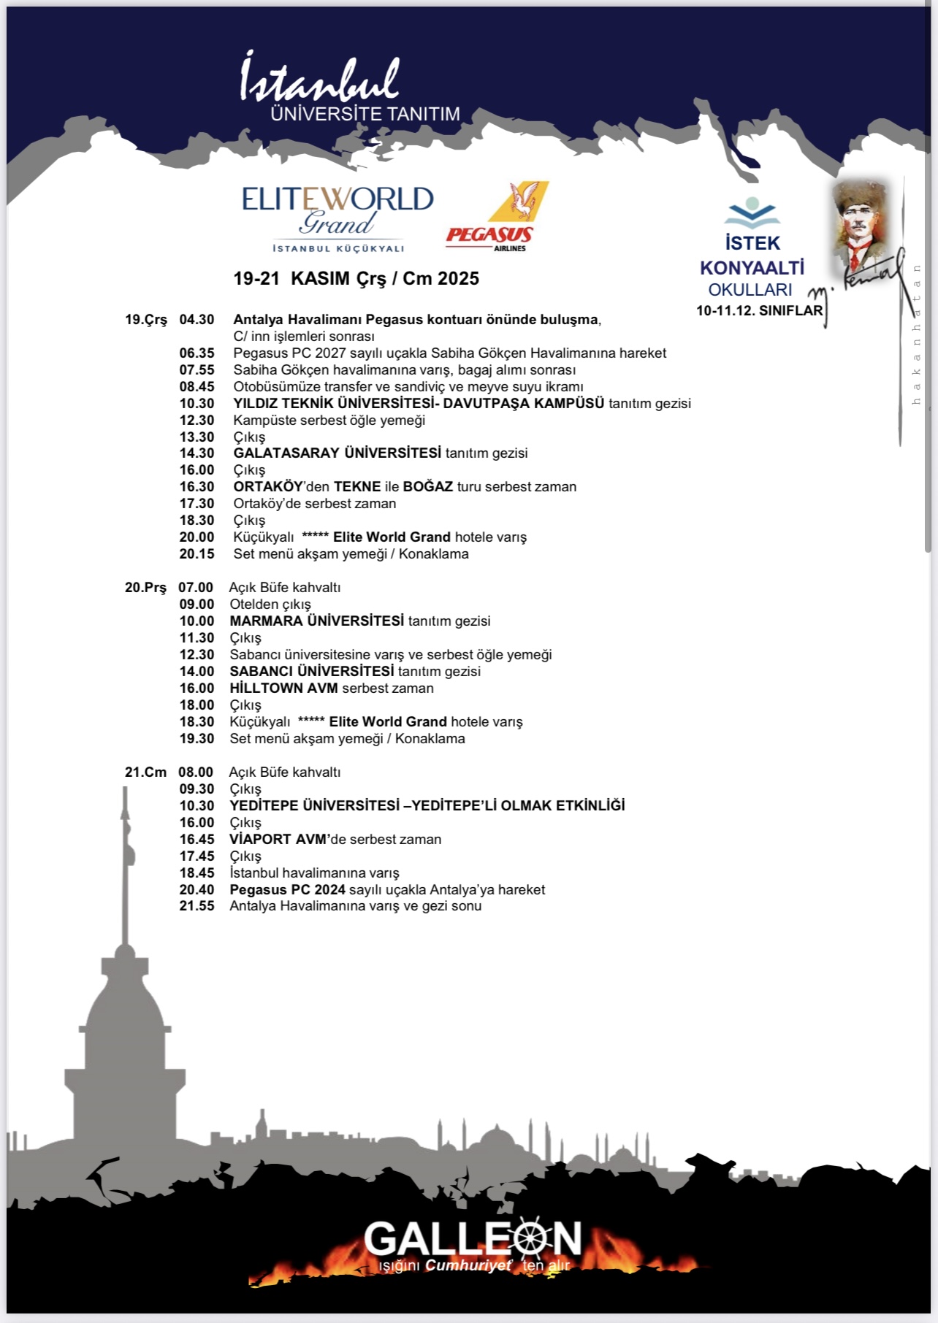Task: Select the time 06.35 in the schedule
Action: pyautogui.click(x=197, y=353)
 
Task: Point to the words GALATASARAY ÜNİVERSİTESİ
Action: pyautogui.click(x=337, y=453)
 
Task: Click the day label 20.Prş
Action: pyautogui.click(x=145, y=588)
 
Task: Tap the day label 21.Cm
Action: pyautogui.click(x=145, y=772)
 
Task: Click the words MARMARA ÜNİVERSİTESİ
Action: pyautogui.click(x=316, y=621)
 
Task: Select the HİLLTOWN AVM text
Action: pyautogui.click(x=283, y=689)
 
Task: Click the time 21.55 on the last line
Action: pyautogui.click(x=197, y=906)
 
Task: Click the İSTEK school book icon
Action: pyautogui.click(x=752, y=212)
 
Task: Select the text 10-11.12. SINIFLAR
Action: pyautogui.click(x=759, y=310)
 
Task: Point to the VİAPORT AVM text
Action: pyautogui.click(x=280, y=840)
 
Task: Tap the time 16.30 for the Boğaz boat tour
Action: pyautogui.click(x=197, y=487)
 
